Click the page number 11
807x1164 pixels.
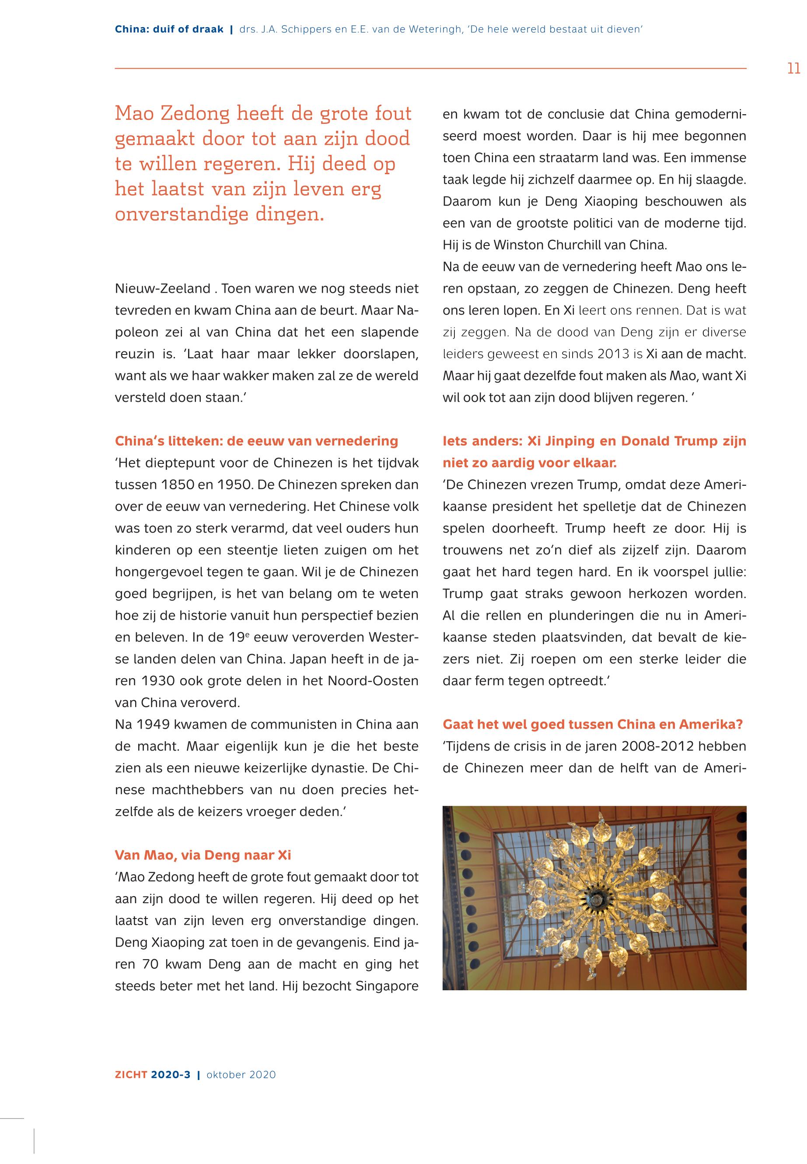[x=793, y=68]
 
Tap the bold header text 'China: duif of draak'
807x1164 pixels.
[x=169, y=29]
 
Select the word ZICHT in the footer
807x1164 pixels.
[x=130, y=1075]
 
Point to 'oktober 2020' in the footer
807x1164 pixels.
[x=241, y=1075]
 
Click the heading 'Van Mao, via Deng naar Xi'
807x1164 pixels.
[x=203, y=855]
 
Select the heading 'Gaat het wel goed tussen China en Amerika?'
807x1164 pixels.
[x=592, y=724]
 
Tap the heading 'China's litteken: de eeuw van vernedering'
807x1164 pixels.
[x=256, y=441]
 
